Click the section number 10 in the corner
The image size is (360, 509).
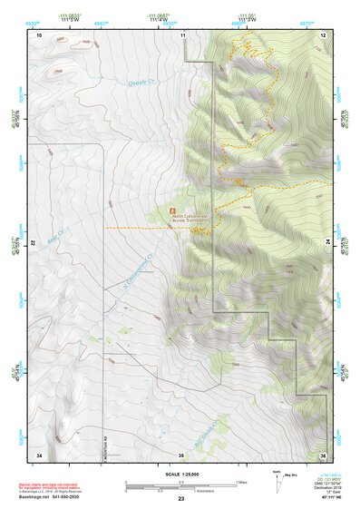point(39,34)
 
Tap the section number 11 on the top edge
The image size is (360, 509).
point(182,34)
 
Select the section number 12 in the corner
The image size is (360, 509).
point(323,34)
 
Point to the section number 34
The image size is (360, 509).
point(39,454)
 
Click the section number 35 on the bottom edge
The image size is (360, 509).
point(181,454)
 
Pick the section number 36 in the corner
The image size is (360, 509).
point(323,454)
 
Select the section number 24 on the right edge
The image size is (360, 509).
point(328,240)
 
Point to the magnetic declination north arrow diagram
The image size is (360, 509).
point(277,484)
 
